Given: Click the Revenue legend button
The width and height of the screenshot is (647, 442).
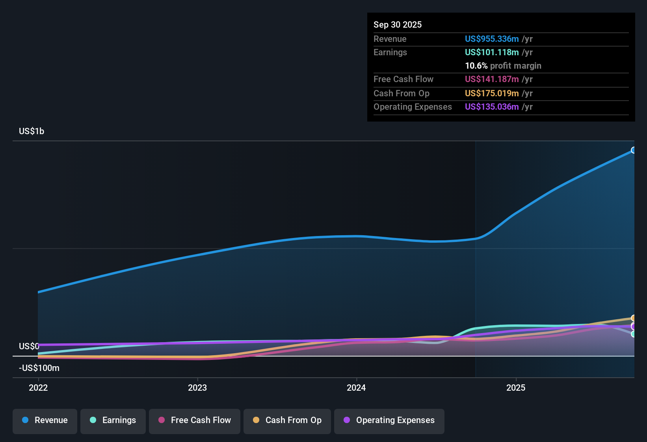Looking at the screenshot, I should click(x=45, y=420).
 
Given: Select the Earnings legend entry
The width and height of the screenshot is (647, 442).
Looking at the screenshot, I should click(x=113, y=420).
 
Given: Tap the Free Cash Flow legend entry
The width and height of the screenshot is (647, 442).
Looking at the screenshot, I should click(x=195, y=420).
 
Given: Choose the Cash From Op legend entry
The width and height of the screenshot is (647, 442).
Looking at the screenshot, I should click(x=287, y=420).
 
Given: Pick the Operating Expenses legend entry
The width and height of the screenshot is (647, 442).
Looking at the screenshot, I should click(x=389, y=420).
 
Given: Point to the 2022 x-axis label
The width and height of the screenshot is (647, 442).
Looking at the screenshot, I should click(x=38, y=388).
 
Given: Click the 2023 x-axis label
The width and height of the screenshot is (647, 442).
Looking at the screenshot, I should click(x=197, y=388).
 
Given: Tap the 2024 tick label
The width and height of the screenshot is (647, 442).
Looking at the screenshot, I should click(x=356, y=388).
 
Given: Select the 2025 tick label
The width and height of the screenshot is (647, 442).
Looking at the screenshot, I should click(x=516, y=388).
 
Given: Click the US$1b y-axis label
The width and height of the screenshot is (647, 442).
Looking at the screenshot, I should click(x=32, y=131).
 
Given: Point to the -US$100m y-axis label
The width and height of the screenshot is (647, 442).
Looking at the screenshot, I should click(x=39, y=368).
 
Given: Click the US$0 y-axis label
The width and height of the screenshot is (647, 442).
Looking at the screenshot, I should click(x=29, y=346).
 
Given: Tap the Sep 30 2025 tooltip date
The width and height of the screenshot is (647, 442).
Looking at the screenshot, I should click(x=398, y=25).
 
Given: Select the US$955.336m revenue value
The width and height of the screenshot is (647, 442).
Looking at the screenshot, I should click(x=492, y=39).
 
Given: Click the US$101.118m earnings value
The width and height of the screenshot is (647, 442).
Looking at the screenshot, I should click(x=492, y=52).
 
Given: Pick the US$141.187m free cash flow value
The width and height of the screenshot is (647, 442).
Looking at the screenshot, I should click(x=492, y=79).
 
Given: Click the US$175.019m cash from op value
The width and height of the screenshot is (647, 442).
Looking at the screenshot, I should click(x=492, y=94).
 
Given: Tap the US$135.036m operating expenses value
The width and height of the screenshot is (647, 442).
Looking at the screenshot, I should click(x=492, y=107).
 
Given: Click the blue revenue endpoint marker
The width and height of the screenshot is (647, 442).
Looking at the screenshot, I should click(x=633, y=150).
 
